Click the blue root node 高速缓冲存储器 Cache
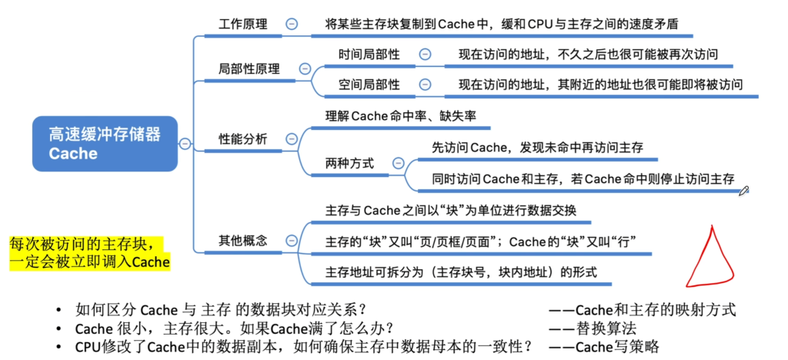coord(105,144)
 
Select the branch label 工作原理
coord(243,24)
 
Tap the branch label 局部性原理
coord(249,68)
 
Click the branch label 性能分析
coord(243,138)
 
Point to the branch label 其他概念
coord(243,241)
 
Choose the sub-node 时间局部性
coord(369,54)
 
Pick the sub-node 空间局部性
coord(369,85)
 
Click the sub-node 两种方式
coord(350,163)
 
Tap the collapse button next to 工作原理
coord(291,24)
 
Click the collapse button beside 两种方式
coord(398,163)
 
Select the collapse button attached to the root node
coord(185,144)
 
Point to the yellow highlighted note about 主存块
coord(90,254)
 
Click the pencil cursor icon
coord(744,190)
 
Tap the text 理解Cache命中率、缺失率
coord(400,116)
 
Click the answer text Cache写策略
coord(617,347)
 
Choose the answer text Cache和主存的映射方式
coord(656,310)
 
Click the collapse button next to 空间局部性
coord(425,85)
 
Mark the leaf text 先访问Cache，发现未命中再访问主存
coord(538,148)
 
